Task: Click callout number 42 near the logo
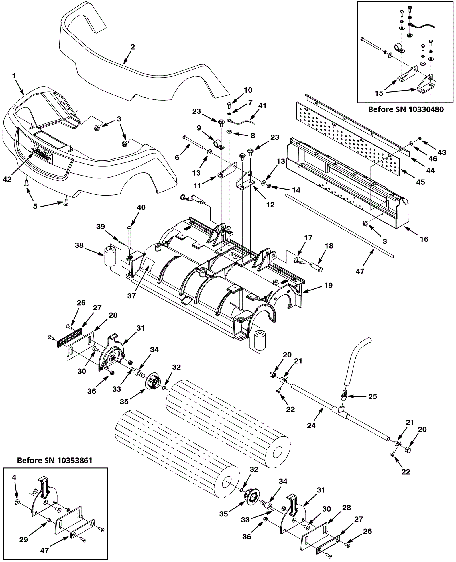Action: [7, 179]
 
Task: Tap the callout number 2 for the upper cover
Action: [133, 47]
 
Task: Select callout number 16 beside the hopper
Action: [424, 239]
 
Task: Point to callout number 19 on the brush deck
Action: [328, 285]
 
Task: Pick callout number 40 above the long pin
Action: [141, 207]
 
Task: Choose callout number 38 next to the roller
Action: [79, 245]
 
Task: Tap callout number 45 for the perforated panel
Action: [420, 182]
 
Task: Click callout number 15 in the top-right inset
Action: [379, 93]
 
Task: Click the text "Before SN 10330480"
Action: [406, 109]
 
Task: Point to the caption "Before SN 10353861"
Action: [55, 461]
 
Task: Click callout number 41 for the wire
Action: [262, 106]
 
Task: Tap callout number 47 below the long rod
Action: [360, 271]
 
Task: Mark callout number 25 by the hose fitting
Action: [372, 397]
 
